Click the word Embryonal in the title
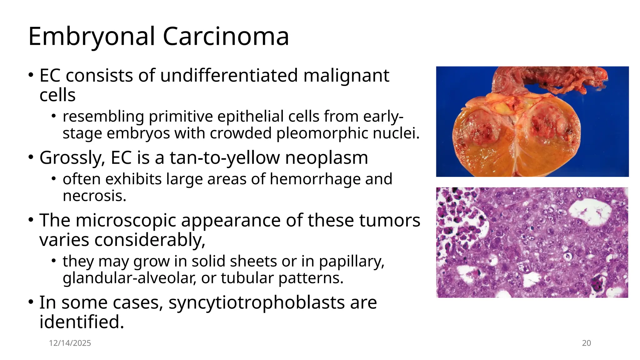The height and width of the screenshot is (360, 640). [x=91, y=37]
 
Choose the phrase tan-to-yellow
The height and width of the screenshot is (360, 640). [x=225, y=158]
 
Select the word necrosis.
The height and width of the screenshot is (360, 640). [x=94, y=196]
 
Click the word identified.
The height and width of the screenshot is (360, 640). [x=82, y=322]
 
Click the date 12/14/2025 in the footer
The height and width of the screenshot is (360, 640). [x=70, y=343]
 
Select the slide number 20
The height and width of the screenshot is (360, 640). [x=586, y=343]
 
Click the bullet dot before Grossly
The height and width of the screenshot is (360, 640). [x=31, y=157]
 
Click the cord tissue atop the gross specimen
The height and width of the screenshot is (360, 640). [x=550, y=78]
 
